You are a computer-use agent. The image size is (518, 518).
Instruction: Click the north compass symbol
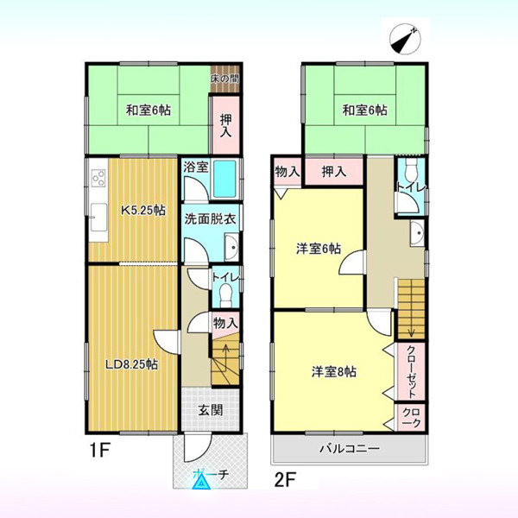point(405,39)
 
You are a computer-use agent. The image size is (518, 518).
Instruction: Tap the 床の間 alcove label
point(225,79)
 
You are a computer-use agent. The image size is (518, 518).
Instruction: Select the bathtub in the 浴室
point(224,179)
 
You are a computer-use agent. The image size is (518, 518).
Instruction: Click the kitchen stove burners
point(98,177)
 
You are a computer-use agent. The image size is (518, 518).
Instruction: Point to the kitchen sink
point(98,218)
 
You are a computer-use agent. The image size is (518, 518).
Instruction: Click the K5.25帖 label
point(142,210)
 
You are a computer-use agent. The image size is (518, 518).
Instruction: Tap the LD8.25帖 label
point(131,364)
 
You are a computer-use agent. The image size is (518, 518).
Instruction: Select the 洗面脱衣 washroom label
point(210,219)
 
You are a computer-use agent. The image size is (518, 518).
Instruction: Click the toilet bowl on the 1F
point(226,295)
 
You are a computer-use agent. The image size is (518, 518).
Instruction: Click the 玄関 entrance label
point(211,410)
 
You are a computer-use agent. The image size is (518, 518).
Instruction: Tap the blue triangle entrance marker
point(201,482)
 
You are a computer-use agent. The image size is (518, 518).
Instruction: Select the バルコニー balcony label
point(349,449)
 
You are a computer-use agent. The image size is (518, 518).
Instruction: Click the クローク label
point(411,418)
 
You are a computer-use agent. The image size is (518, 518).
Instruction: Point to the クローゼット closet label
point(411,372)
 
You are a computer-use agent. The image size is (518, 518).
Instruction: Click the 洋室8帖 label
point(334,372)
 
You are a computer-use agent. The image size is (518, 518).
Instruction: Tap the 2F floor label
point(285,480)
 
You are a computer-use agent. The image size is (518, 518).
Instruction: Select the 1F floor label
point(100,451)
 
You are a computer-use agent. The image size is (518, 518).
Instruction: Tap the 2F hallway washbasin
point(417,233)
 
